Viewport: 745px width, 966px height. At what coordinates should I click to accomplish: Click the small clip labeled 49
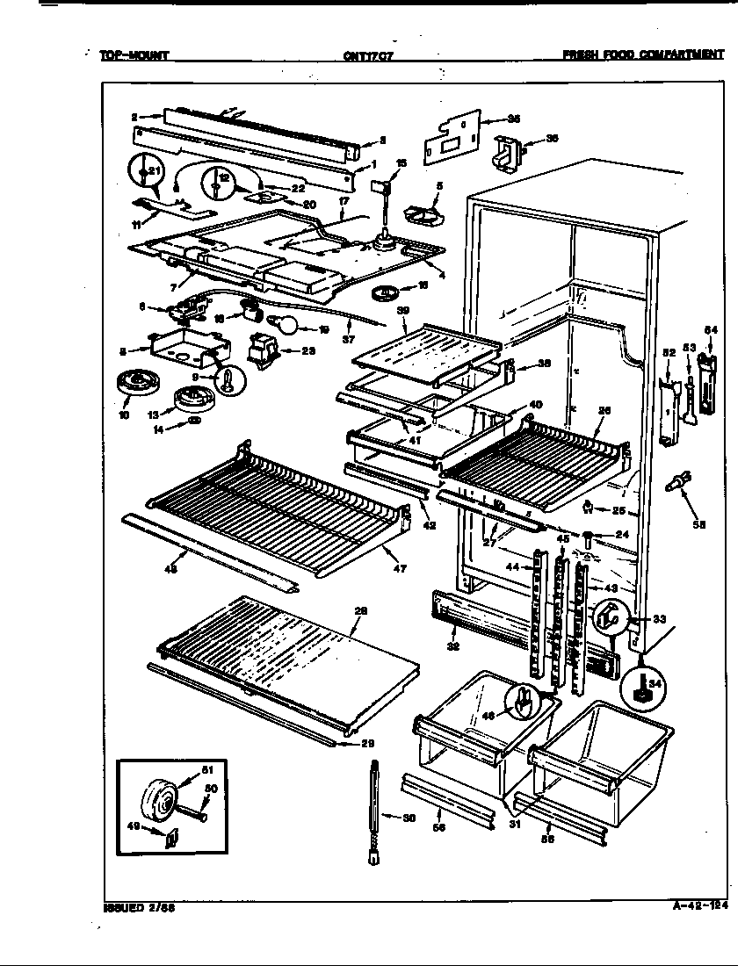(169, 840)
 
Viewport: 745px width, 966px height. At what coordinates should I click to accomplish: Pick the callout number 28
(359, 611)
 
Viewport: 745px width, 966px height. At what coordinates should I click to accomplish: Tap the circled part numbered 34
(641, 689)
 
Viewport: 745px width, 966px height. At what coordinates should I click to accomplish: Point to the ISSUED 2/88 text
(133, 908)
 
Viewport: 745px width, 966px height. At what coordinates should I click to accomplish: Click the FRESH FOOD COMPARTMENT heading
(643, 54)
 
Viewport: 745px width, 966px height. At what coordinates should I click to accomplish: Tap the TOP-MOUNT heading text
(134, 55)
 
